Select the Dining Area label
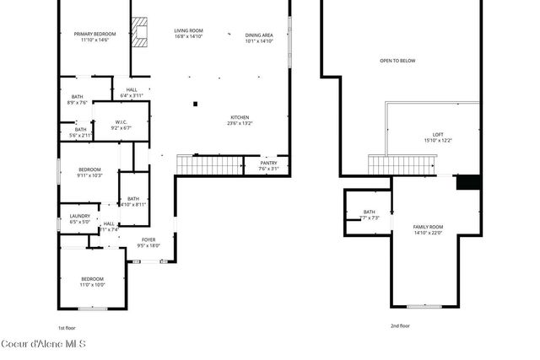click(259, 37)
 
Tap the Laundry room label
click(79, 218)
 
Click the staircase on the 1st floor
click(209, 165)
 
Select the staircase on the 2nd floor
click(401, 165)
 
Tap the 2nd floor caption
click(400, 325)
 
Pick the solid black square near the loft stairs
click(467, 181)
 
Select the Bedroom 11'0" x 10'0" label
click(92, 282)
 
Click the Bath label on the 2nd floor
click(370, 214)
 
